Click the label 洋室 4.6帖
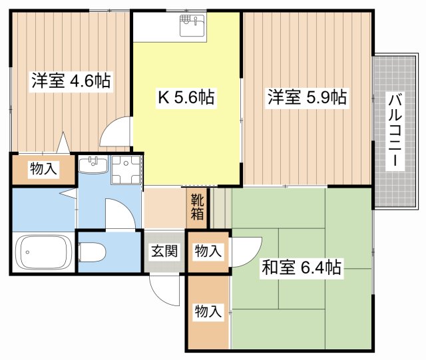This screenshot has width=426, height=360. point(70,81)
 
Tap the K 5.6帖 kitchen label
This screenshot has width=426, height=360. point(185,98)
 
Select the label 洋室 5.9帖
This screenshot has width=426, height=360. point(306,98)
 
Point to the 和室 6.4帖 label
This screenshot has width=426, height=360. point(302,268)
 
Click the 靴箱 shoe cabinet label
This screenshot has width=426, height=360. point(198,206)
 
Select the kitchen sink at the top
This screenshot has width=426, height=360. point(192,25)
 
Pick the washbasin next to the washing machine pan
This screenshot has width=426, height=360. point(93,164)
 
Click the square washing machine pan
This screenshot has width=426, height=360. point(125,170)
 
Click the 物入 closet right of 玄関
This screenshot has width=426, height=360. point(207,251)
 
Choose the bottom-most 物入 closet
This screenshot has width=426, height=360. point(207,311)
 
